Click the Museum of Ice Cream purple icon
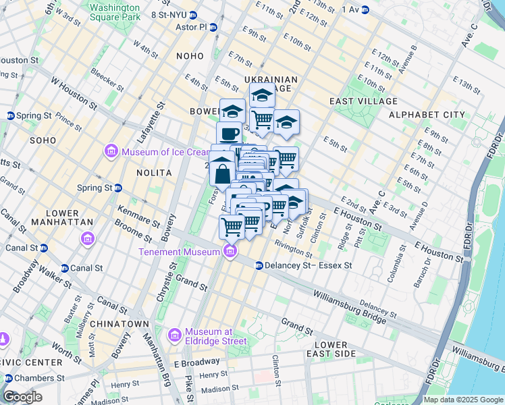click(111, 151)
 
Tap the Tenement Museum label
click(179, 252)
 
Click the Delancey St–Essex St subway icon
click(259, 266)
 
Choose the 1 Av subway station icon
click(365, 9)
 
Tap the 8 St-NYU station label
click(168, 14)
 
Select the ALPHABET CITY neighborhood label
click(425, 115)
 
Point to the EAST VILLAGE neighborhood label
click(363, 101)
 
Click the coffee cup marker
click(229, 133)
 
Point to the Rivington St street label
click(293, 251)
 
